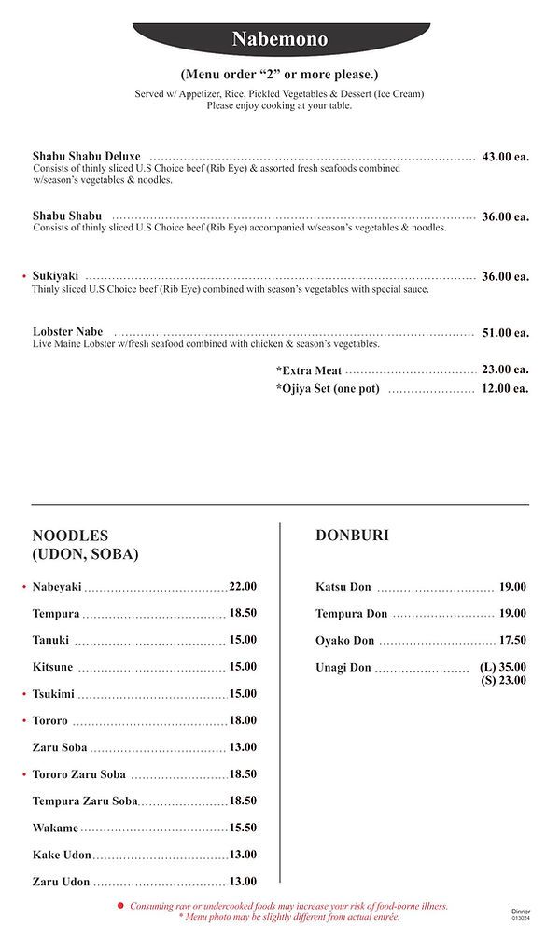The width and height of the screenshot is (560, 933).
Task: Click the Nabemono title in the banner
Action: [280, 39]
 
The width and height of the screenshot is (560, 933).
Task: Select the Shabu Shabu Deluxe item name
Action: [86, 156]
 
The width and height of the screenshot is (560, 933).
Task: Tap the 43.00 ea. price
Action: [505, 157]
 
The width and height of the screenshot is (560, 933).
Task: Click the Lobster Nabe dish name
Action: [67, 331]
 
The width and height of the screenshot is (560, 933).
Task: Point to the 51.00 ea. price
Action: [505, 332]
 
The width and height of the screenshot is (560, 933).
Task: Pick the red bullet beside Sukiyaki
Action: [24, 277]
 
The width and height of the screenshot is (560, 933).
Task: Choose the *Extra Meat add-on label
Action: [309, 370]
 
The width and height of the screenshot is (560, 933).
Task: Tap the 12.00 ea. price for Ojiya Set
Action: [505, 389]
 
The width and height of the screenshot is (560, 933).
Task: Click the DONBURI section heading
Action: [352, 536]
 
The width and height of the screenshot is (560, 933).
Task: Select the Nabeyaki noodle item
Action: [57, 587]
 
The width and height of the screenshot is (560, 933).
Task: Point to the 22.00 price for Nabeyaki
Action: [243, 587]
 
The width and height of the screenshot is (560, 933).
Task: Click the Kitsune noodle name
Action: [53, 667]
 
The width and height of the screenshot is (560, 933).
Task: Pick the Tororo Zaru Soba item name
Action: [78, 774]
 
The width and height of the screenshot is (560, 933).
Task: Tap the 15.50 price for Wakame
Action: [243, 828]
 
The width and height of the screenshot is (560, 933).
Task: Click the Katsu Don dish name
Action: [343, 587]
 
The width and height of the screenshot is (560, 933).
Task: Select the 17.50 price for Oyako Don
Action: [512, 641]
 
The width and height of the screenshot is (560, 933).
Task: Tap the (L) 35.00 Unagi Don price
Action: [503, 667]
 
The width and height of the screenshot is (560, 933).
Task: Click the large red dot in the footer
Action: [120, 906]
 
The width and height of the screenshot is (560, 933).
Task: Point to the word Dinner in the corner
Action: [521, 911]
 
